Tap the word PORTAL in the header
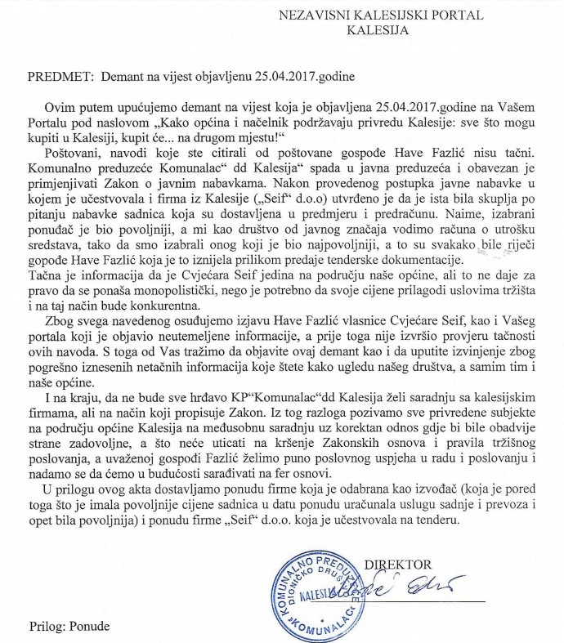coord(465,16)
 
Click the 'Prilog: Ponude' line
coord(56,626)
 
